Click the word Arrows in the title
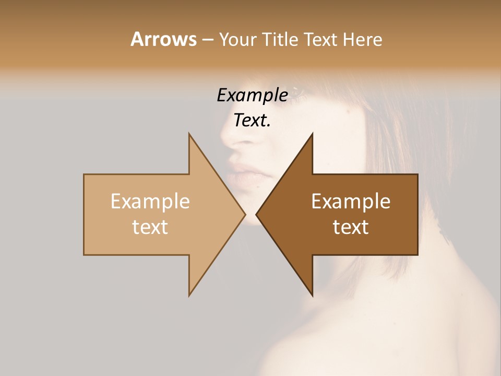tap(163, 39)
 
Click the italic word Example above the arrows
tap(252, 96)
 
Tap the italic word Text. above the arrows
tap(252, 120)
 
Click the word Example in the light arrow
tap(150, 202)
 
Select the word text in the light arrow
tap(150, 227)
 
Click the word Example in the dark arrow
tap(351, 202)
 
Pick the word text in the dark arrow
tap(351, 227)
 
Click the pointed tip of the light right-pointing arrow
tap(245, 215)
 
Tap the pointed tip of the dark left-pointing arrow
tap(256, 215)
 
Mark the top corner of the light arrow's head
tap(189, 134)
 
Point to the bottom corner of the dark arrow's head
tap(312, 296)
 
